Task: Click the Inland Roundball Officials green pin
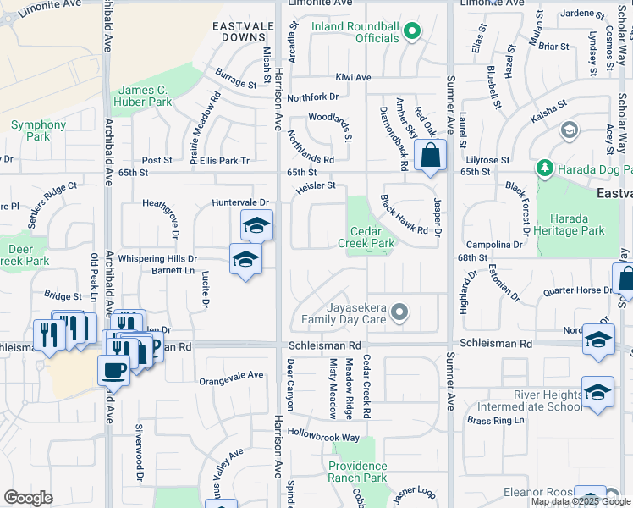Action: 412,32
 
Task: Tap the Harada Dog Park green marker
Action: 543,168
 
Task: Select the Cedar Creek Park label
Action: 372,237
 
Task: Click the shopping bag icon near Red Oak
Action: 431,157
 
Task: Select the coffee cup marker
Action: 113,369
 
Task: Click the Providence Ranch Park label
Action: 357,472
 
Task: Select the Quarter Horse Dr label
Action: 578,290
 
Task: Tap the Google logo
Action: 28,497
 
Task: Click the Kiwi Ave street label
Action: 354,78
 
